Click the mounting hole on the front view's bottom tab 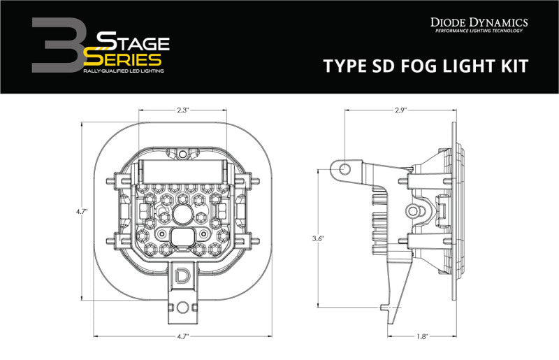tap(182, 305)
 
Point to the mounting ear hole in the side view tap(342, 168)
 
